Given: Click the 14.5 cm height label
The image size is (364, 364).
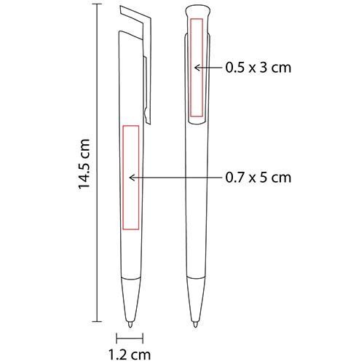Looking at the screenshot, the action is point(84,164).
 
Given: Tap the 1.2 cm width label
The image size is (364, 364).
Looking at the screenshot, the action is point(130,355).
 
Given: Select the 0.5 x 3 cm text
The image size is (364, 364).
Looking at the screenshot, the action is point(258,68).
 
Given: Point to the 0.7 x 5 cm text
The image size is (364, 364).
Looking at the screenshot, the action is point(258,178).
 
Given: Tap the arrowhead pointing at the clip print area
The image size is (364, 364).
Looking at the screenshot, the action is point(197,68).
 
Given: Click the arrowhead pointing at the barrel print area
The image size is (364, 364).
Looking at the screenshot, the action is point(132,178).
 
